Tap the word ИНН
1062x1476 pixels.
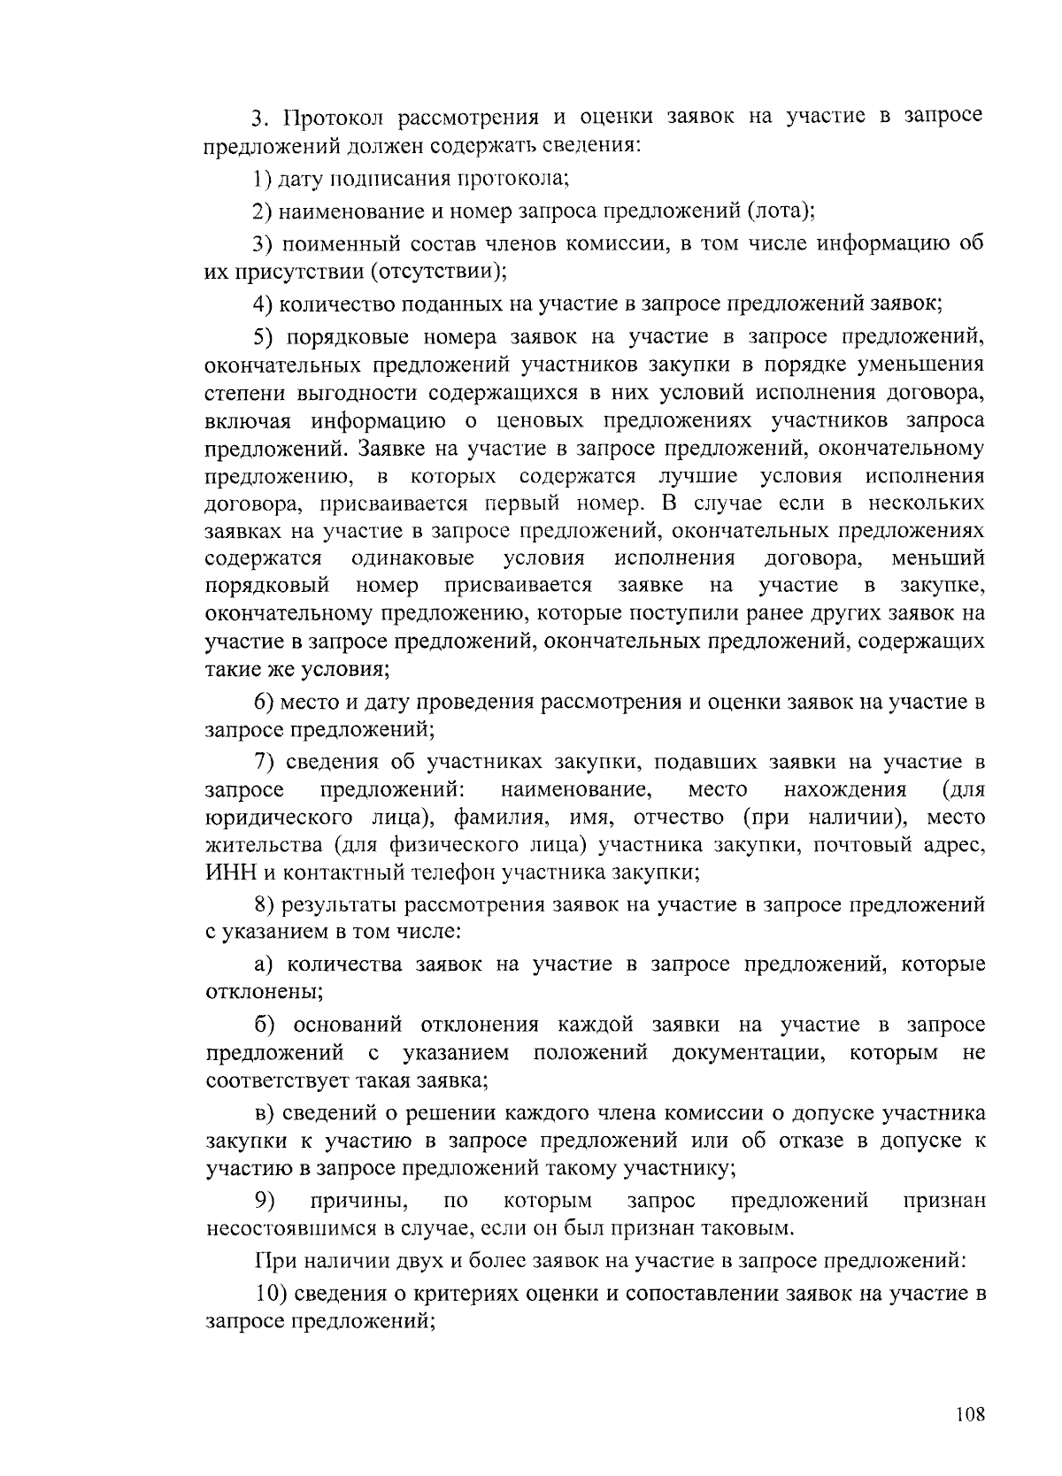pyautogui.click(x=230, y=873)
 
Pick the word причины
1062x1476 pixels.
pyautogui.click(x=358, y=1202)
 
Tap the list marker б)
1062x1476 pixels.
pyautogui.click(x=265, y=1025)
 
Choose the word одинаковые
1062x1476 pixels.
pyautogui.click(x=412, y=559)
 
